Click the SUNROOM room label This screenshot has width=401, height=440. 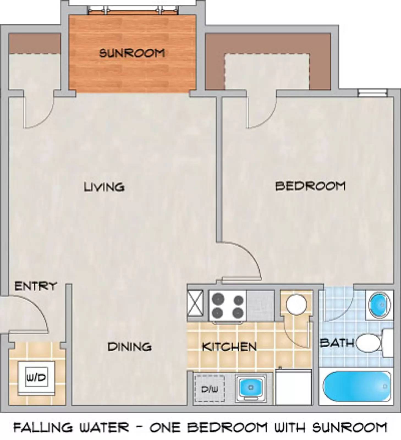point(132,53)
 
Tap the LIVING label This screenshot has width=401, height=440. point(104,187)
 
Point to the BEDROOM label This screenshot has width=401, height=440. point(310,186)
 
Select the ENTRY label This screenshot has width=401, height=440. point(35,286)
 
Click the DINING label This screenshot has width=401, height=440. point(130,347)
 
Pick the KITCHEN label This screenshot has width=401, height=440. point(229,347)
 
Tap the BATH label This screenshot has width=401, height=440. point(337,343)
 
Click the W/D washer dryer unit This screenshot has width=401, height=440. point(36,378)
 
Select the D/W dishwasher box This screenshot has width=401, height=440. point(210,388)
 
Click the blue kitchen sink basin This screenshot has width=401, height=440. point(250,387)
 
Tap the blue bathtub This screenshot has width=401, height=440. point(356,386)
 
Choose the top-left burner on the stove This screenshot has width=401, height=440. point(218,299)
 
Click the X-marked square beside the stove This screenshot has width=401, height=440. point(195,305)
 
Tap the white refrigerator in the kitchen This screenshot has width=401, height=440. point(293,387)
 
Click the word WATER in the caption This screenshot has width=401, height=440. point(104,427)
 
